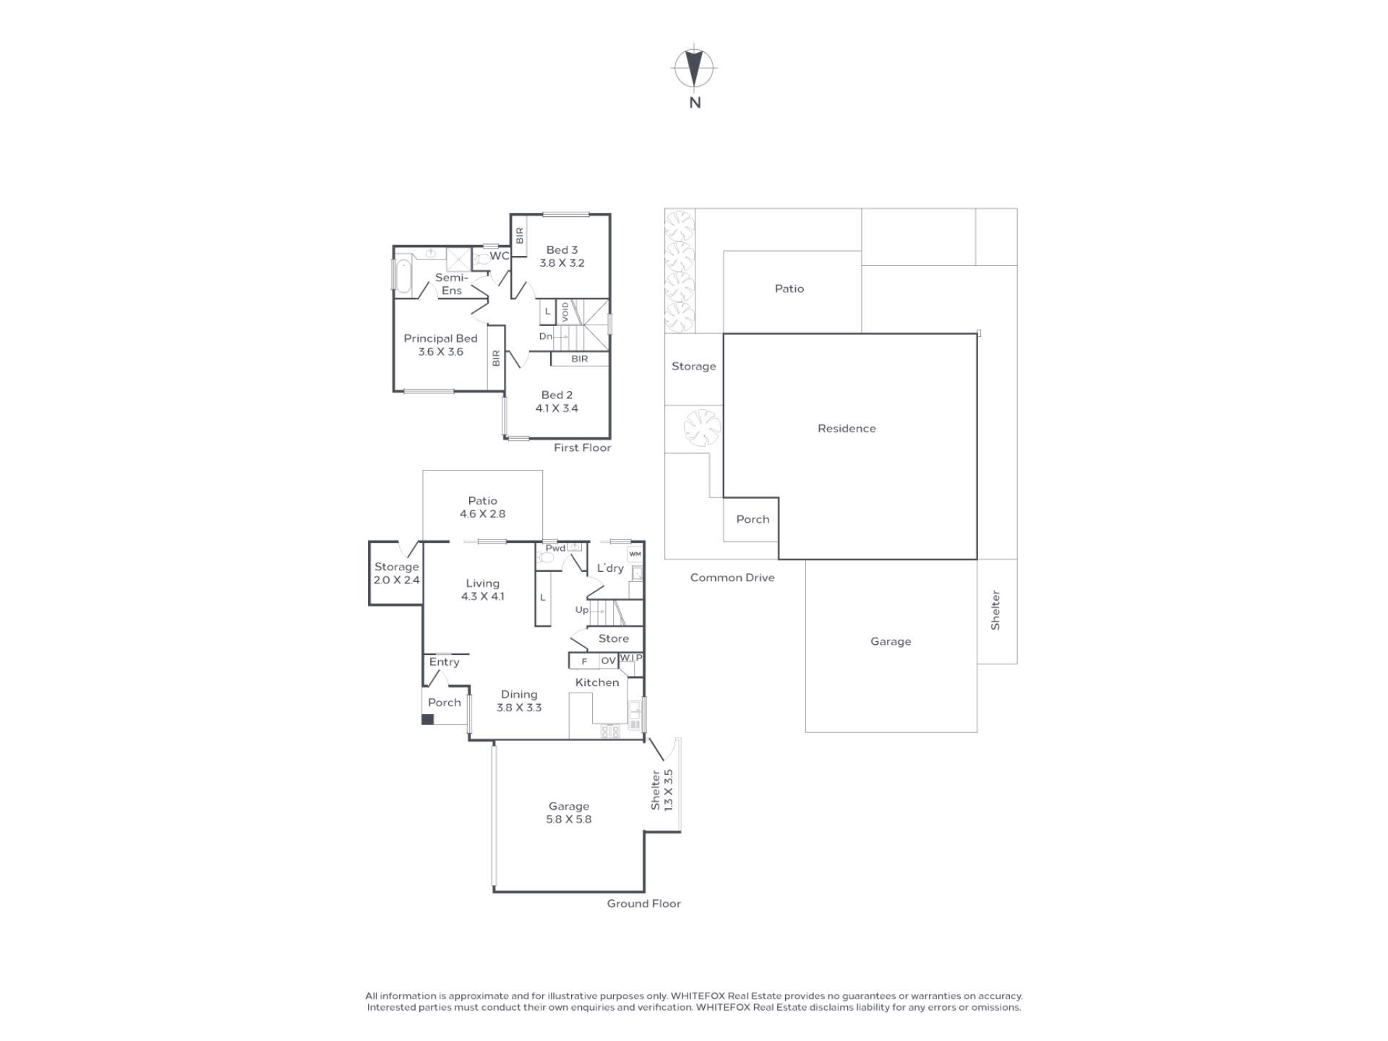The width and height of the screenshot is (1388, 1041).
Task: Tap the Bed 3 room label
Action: [x=562, y=250]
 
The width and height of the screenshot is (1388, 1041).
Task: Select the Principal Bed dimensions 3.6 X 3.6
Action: [x=440, y=352]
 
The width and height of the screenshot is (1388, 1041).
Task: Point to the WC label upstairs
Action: [x=500, y=256]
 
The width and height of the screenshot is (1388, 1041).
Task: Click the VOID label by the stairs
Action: [x=565, y=312]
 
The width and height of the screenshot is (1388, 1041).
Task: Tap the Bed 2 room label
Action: [x=557, y=395]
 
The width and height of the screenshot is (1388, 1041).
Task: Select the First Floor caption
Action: [x=582, y=447]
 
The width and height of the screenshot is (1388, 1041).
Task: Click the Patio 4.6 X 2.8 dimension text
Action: [x=482, y=514]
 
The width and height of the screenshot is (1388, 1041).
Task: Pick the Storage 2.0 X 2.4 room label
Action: [x=396, y=573]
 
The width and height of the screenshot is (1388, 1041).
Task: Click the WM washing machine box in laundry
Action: [x=635, y=554]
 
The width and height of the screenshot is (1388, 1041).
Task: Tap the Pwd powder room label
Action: [x=555, y=548]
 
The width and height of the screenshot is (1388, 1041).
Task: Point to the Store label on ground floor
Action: [x=613, y=638]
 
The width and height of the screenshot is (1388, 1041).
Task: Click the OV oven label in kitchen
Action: [x=608, y=661]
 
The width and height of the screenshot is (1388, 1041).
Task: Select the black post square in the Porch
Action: [x=427, y=719]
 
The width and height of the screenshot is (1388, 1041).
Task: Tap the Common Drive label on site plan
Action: [x=732, y=578]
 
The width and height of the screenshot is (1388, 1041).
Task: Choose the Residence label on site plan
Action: [x=847, y=428]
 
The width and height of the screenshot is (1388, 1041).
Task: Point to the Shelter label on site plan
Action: [x=995, y=610]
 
